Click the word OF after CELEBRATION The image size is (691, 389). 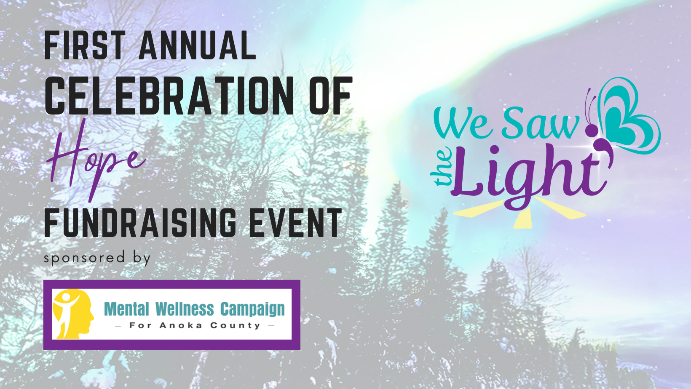click(x=330, y=96)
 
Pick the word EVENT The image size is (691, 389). click(x=295, y=223)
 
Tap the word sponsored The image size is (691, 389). click(x=84, y=257)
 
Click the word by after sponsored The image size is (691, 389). click(x=142, y=258)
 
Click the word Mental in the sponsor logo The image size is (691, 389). click(x=126, y=309)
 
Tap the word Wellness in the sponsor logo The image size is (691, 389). click(x=185, y=309)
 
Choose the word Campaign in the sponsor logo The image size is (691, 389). click(x=252, y=309)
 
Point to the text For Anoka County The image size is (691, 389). click(x=195, y=325)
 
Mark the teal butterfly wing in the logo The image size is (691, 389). click(x=628, y=114)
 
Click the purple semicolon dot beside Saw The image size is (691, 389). click(x=592, y=131)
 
